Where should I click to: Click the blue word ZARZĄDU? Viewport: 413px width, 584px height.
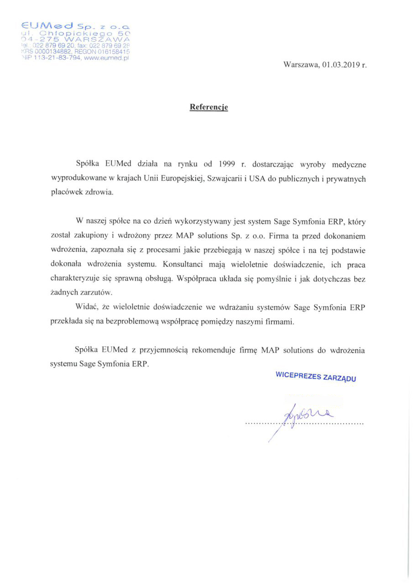(340, 378)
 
